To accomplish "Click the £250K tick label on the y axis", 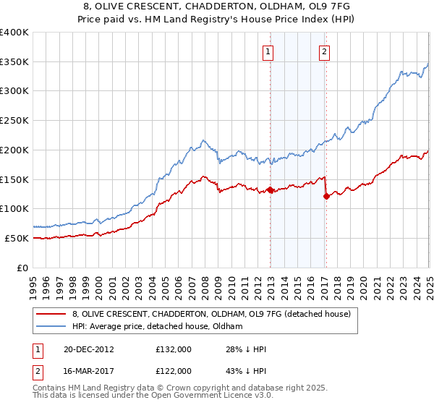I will (x=15, y=121).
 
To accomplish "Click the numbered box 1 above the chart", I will (x=268, y=51).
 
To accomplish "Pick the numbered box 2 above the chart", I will (x=325, y=51).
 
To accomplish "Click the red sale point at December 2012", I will (x=270, y=190).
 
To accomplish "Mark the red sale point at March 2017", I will (x=326, y=196).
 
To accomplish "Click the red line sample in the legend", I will (x=51, y=314).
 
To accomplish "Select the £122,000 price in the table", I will (x=174, y=371).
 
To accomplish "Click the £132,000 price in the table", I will (x=174, y=350).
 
